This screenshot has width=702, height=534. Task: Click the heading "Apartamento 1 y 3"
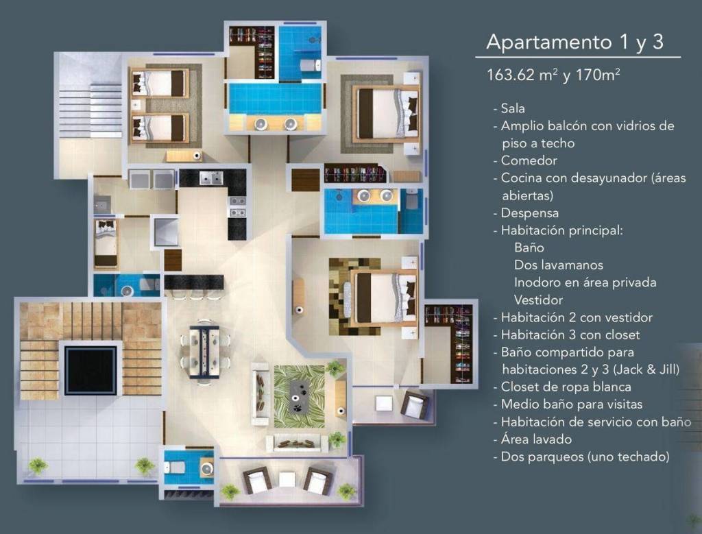[574, 42]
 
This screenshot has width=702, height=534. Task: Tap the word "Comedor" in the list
[529, 160]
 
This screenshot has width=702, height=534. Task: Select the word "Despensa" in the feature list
[530, 213]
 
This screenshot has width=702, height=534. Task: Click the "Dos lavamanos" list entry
[558, 265]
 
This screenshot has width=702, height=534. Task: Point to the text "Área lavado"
[536, 439]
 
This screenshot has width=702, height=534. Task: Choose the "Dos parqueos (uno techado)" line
[585, 457]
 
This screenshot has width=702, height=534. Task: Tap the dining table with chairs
[205, 352]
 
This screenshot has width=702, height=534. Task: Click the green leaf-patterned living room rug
[299, 396]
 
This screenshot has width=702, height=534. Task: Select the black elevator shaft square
[91, 369]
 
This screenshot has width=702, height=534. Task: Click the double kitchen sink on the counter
[211, 178]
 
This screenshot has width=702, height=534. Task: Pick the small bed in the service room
[106, 244]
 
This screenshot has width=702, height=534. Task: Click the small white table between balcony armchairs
[287, 479]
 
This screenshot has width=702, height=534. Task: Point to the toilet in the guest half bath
[175, 468]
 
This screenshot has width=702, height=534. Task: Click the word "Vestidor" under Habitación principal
[538, 300]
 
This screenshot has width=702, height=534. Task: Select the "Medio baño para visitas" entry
[571, 404]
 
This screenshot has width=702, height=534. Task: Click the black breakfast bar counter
[194, 282]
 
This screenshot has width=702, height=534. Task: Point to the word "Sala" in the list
[513, 108]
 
